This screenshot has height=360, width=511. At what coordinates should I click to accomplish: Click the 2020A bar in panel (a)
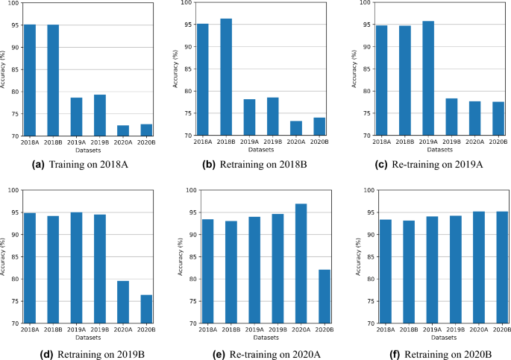click(x=122, y=131)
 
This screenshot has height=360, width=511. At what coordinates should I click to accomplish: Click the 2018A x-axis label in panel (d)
click(x=30, y=329)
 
